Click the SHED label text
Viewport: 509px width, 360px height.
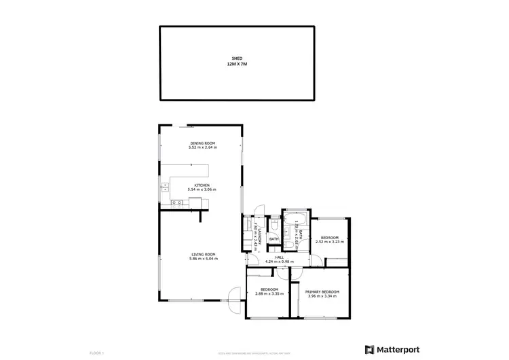pos(237,58)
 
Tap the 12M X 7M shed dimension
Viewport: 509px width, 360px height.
pos(237,64)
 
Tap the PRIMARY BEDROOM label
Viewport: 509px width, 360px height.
pos(322,291)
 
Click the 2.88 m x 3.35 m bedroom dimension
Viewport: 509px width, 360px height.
pos(268,294)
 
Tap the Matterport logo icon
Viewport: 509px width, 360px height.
pos(370,350)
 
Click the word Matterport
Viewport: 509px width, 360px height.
pos(398,350)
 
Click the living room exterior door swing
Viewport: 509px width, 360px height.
pos(235,300)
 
